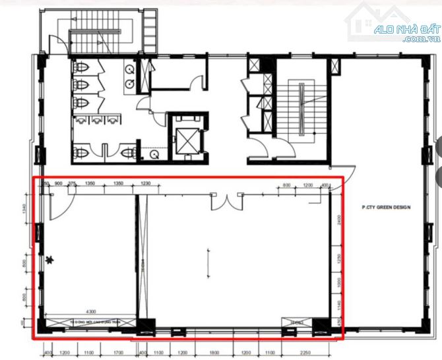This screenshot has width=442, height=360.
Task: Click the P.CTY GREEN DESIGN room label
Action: point(386,207)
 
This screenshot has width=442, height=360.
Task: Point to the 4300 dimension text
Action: point(91,311)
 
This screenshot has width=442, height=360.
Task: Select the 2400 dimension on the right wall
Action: point(338,220)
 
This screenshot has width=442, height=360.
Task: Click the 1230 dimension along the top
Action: point(146,183)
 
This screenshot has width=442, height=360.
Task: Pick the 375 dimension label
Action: point(71,183)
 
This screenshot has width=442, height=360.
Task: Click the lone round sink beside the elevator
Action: point(155,154)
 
